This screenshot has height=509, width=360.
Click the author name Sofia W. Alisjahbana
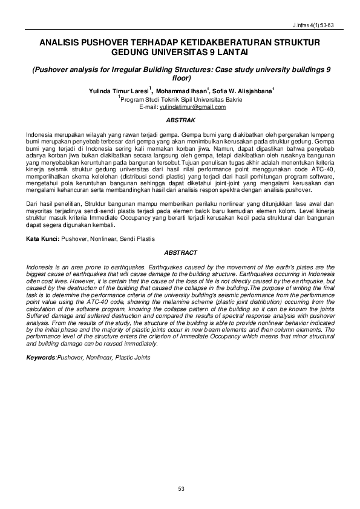point(241,90)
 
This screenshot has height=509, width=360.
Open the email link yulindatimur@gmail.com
point(192,107)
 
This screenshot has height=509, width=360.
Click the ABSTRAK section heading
point(180,120)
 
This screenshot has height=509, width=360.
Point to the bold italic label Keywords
point(41,357)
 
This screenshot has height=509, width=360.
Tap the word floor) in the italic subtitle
point(181,78)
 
